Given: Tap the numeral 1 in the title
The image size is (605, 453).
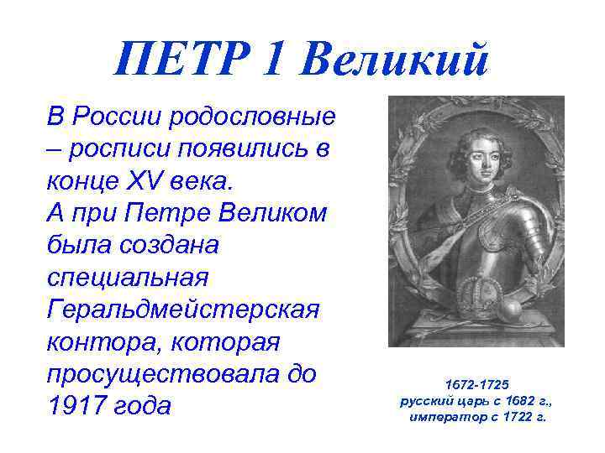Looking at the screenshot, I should coord(278,59).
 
